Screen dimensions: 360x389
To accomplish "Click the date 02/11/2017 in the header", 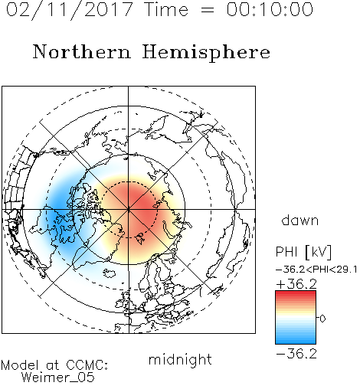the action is pos(69,10).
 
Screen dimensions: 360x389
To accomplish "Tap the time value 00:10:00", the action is pos(270,10).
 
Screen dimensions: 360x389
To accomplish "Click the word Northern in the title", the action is pos(82,51).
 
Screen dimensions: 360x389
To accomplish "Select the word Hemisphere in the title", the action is pos(206,53).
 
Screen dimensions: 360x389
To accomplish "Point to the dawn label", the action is pos(300,220).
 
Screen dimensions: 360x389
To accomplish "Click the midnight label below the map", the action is pos(180,359).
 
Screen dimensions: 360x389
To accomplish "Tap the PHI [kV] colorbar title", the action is pos(303,252).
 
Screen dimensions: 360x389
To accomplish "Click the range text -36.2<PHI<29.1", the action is pos(316,270).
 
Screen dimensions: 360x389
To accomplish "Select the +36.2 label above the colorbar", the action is pos(296,284).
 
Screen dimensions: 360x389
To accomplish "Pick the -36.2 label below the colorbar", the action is pos(296,354).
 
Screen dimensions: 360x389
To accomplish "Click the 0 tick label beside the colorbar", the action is pos(322,319).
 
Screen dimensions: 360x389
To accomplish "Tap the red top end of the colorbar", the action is pos(296,293).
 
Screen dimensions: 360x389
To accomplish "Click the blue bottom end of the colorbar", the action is pos(296,342).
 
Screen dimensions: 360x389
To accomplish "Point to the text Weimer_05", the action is pos(57,378).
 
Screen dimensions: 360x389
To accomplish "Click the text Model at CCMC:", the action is pos(54,365).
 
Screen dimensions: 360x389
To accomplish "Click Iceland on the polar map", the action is pos(110,273).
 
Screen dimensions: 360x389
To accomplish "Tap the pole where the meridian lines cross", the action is pos(129,209).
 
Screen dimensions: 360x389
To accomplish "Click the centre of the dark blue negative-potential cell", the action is pos(59,214).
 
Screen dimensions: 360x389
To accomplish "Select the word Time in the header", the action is pos(166,10).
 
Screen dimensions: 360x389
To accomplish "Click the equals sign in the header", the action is pos(208,10).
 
